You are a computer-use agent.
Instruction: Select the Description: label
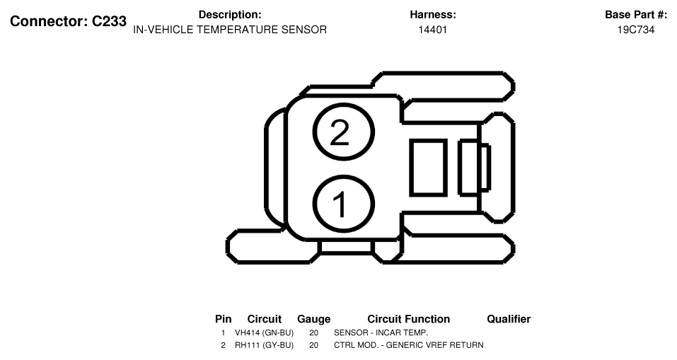pyautogui.click(x=230, y=15)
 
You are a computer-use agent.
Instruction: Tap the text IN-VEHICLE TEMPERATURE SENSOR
pyautogui.click(x=230, y=30)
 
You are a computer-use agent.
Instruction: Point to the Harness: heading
pyautogui.click(x=433, y=15)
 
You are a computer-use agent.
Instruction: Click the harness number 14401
pyautogui.click(x=433, y=30)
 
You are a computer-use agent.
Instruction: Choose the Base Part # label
pyautogui.click(x=635, y=15)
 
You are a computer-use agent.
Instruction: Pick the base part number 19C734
pyautogui.click(x=635, y=30)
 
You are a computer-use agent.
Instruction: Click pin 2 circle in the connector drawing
pyautogui.click(x=343, y=103)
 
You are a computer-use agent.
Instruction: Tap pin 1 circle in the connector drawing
pyautogui.click(x=343, y=175)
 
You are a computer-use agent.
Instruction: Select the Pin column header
pyautogui.click(x=224, y=319)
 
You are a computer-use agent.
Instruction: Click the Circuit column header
pyautogui.click(x=265, y=319)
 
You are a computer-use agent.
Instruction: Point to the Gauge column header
pyautogui.click(x=314, y=319)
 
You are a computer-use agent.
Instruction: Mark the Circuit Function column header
pyautogui.click(x=408, y=319)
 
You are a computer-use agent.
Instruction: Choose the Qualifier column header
pyautogui.click(x=509, y=319)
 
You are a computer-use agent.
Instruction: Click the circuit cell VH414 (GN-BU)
pyautogui.click(x=265, y=333)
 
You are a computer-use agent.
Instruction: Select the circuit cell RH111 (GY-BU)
pyautogui.click(x=265, y=345)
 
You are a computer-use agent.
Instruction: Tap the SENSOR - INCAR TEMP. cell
pyautogui.click(x=381, y=333)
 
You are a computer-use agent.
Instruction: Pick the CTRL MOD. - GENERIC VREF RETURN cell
pyautogui.click(x=408, y=345)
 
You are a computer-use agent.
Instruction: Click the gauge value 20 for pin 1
pyautogui.click(x=314, y=333)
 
